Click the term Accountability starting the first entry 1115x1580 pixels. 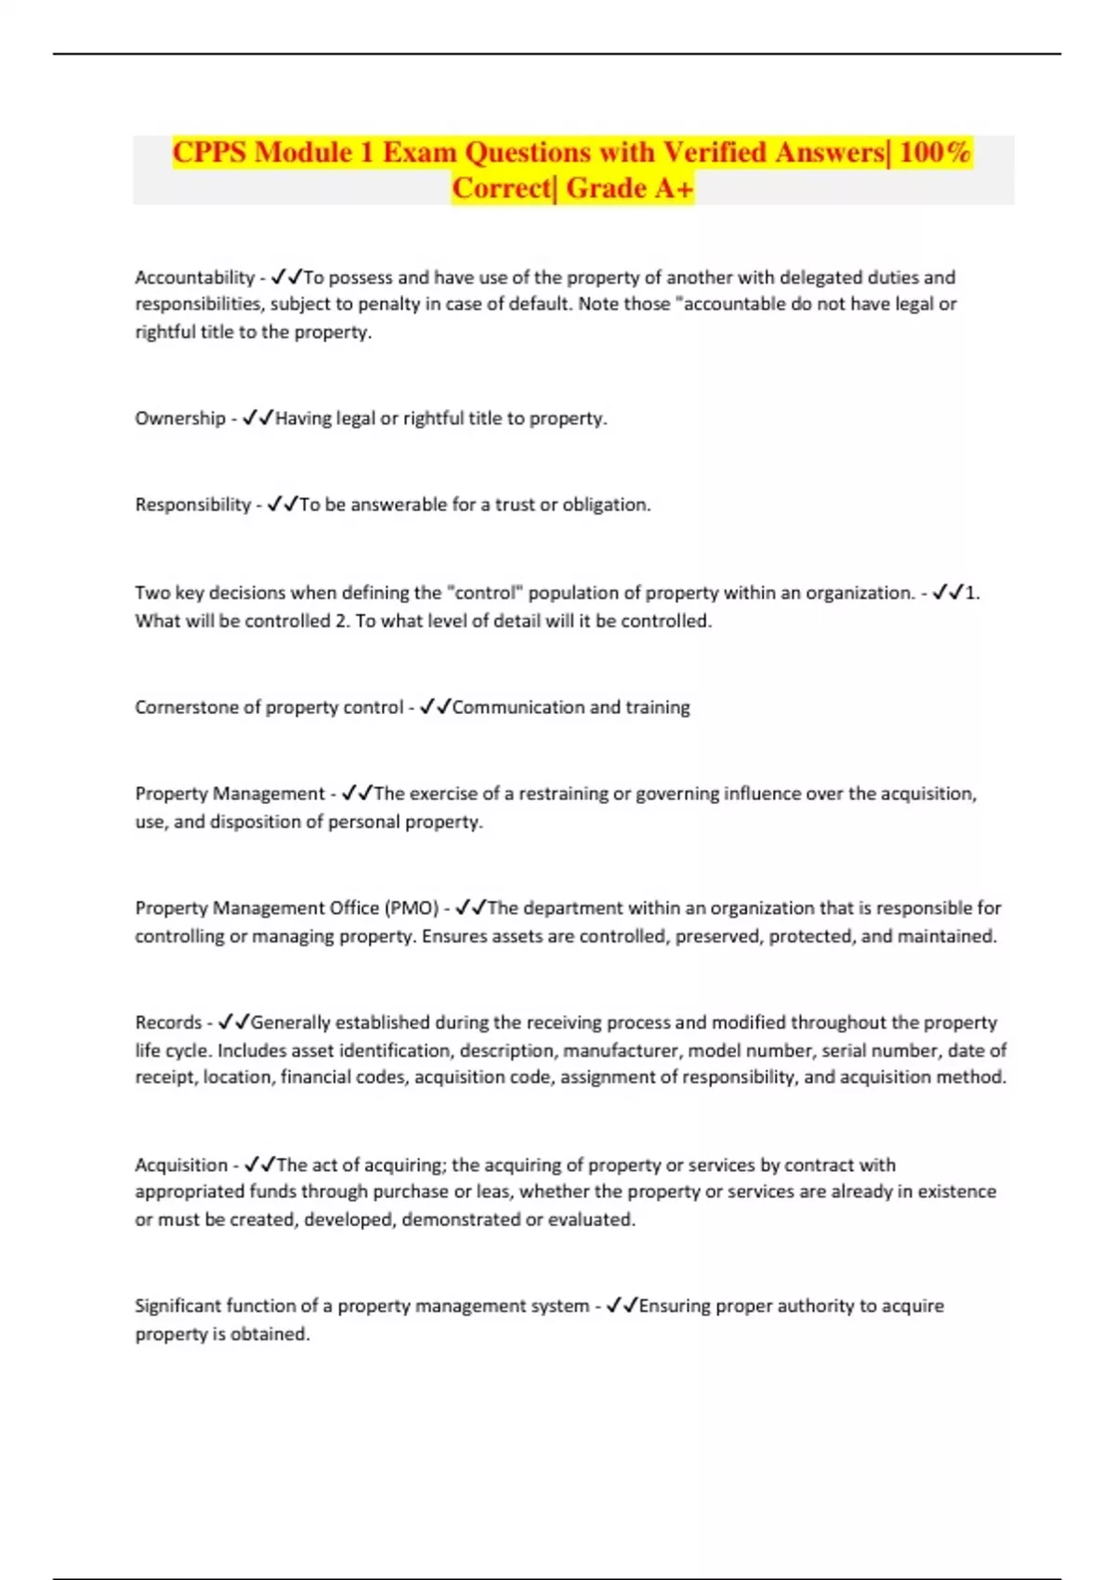pyautogui.click(x=194, y=277)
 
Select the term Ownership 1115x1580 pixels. pyautogui.click(x=180, y=418)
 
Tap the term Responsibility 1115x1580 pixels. pyautogui.click(x=192, y=505)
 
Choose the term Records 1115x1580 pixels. pyautogui.click(x=168, y=1022)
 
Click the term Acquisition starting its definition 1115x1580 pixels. pyautogui.click(x=181, y=1165)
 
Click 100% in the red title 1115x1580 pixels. pyautogui.click(x=935, y=151)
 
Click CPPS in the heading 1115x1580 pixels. pyautogui.click(x=210, y=151)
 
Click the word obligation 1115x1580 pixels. pyautogui.click(x=606, y=505)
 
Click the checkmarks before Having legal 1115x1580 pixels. pyautogui.click(x=257, y=418)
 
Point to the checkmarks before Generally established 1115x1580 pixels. pyautogui.click(x=233, y=1022)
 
